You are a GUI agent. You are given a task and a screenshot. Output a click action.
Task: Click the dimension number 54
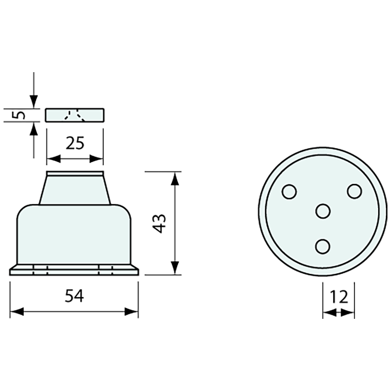(x=74, y=296)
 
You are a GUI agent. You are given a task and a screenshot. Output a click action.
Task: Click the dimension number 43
(x=159, y=224)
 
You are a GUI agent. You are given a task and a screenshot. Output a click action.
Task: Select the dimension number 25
(x=75, y=143)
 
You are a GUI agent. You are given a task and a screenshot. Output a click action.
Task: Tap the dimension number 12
(x=339, y=297)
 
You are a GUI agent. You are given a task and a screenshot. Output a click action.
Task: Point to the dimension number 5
(x=19, y=115)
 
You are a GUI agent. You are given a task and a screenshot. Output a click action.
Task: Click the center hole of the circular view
(x=323, y=211)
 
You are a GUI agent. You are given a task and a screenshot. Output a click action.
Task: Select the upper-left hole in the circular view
(x=289, y=192)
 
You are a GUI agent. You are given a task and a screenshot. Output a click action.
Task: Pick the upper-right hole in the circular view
(x=354, y=191)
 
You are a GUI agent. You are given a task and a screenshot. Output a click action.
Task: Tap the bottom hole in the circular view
(x=323, y=246)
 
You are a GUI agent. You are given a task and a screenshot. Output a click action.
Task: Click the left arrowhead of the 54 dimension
(x=16, y=311)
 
